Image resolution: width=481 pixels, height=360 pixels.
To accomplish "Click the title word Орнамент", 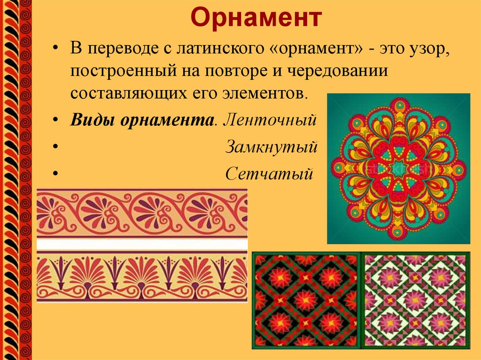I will click(x=256, y=19).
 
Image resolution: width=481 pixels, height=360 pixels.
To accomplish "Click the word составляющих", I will click(x=123, y=92).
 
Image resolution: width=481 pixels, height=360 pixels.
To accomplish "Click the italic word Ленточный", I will click(x=268, y=121).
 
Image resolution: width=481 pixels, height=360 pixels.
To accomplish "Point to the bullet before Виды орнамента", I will click(x=56, y=121).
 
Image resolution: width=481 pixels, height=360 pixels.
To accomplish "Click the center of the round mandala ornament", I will click(x=398, y=169).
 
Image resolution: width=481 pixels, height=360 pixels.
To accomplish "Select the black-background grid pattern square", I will click(x=306, y=300).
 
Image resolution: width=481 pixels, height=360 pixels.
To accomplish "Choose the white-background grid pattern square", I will click(x=415, y=300).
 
